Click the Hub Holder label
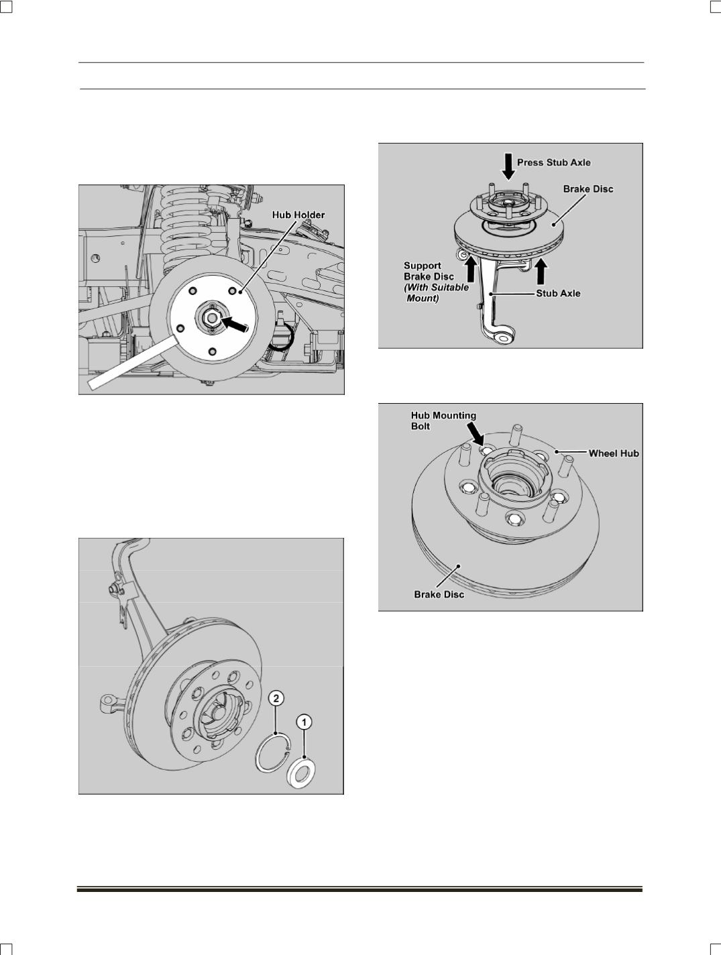(x=298, y=215)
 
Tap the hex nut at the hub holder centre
(x=211, y=318)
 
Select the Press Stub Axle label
(x=553, y=163)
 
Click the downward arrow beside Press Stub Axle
(x=508, y=166)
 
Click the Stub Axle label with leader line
(x=558, y=294)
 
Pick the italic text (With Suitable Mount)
(x=437, y=293)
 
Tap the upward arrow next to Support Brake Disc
(x=470, y=270)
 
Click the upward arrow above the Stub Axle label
(x=541, y=271)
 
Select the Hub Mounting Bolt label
(x=443, y=420)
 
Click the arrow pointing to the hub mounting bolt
(x=475, y=435)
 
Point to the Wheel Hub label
(x=614, y=453)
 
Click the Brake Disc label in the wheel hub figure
(x=439, y=594)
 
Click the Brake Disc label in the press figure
(x=588, y=189)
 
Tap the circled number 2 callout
(x=276, y=698)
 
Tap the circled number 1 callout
(x=304, y=722)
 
